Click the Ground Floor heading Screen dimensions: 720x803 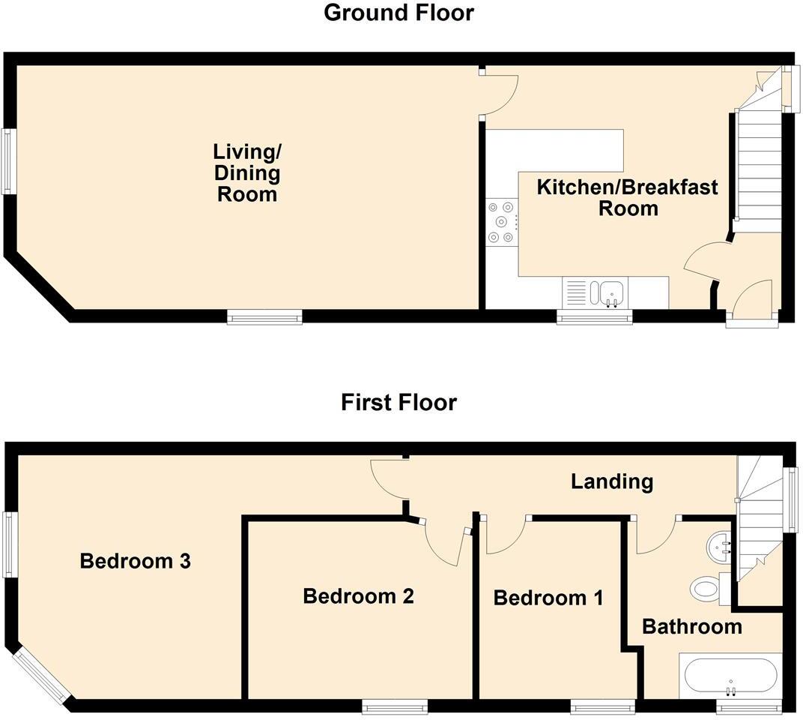tap(399, 13)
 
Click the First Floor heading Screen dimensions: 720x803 tap(399, 403)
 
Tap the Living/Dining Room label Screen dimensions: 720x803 tap(246, 173)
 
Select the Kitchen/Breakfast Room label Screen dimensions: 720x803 tap(627, 197)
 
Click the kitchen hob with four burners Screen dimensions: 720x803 tap(501, 221)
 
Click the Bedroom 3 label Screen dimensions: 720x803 tap(136, 561)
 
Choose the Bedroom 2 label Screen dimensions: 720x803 tap(358, 596)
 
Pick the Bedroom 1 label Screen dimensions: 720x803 tap(548, 598)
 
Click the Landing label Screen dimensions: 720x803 tap(612, 481)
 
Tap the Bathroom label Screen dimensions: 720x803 tap(692, 626)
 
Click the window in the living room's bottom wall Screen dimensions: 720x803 tap(265, 318)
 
